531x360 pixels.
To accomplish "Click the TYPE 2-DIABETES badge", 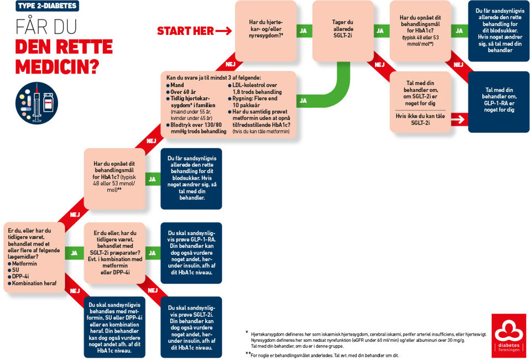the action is pyautogui.click(x=48, y=6).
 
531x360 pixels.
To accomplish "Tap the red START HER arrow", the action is pyautogui.click(x=223, y=31).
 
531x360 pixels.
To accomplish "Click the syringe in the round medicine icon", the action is pyautogui.click(x=37, y=103).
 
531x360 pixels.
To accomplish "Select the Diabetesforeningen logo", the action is pyautogui.click(x=509, y=335).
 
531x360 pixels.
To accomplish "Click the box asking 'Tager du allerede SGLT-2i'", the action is pyautogui.click(x=343, y=31).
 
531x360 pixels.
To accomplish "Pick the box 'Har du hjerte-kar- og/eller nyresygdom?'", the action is pyautogui.click(x=266, y=31).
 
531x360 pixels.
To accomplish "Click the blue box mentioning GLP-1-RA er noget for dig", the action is pyautogui.click(x=499, y=102).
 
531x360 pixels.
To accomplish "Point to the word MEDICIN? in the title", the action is pyautogui.click(x=57, y=67).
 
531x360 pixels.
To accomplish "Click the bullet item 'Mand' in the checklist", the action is pyautogui.click(x=175, y=85).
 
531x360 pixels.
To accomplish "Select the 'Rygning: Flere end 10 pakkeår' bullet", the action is pyautogui.click(x=254, y=102).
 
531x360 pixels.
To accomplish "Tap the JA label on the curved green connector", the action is pyautogui.click(x=303, y=101).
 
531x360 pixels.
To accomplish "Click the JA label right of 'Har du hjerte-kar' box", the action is pyautogui.click(x=304, y=31).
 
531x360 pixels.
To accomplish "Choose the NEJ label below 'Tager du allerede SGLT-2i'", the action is pyautogui.click(x=379, y=64).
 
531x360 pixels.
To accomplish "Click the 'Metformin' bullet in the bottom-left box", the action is pyautogui.click(x=22, y=263).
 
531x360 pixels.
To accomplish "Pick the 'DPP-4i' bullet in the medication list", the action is pyautogui.click(x=18, y=276).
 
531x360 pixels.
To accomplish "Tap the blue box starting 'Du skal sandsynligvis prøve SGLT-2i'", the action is pyautogui.click(x=191, y=327).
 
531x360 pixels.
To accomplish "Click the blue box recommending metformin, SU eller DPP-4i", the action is pyautogui.click(x=114, y=327).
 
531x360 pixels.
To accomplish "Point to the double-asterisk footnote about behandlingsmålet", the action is pyautogui.click(x=322, y=355).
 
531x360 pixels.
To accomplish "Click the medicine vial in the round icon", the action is pyautogui.click(x=49, y=102).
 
